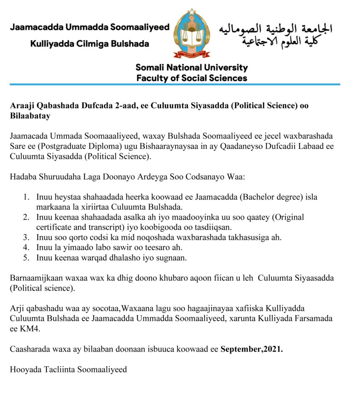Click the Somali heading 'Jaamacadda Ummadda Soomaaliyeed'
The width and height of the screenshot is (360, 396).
90,28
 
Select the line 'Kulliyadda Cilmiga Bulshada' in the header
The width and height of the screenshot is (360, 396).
90,44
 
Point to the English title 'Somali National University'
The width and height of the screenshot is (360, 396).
192,68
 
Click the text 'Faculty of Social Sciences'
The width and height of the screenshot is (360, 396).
192,78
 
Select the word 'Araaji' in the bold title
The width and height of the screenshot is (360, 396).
21,106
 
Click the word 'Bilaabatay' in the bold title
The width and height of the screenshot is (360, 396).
30,116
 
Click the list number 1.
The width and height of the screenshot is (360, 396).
26,197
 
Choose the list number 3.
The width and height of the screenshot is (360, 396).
26,237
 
